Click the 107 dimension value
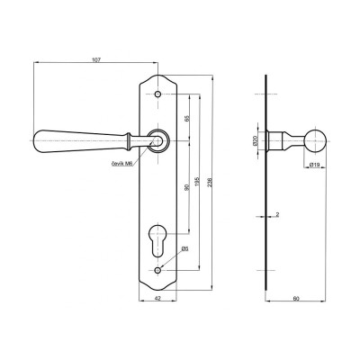96,58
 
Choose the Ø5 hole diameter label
184,249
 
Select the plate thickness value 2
279,215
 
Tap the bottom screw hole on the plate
158,271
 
